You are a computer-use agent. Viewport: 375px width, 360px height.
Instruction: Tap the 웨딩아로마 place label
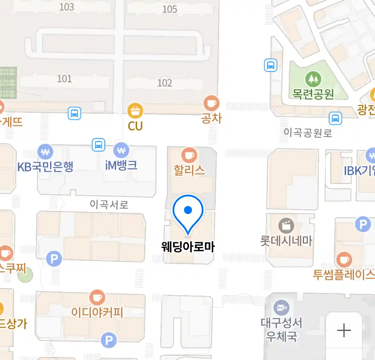tap(188, 247)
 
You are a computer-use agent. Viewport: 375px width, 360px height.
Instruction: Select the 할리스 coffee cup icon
tap(189, 155)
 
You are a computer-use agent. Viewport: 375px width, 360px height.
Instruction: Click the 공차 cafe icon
tap(211, 103)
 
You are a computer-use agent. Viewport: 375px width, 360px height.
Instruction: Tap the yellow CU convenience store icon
tap(135, 111)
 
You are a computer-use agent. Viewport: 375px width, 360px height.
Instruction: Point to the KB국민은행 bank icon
tap(45, 152)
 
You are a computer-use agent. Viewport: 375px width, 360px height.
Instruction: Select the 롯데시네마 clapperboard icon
tap(286, 226)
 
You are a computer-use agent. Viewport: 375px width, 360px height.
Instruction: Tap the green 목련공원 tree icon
tap(313, 79)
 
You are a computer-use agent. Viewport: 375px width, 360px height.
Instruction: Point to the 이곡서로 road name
tap(109, 204)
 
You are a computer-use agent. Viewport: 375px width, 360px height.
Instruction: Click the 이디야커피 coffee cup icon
tap(97, 297)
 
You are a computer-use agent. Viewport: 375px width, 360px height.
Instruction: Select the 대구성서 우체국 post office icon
tap(281, 308)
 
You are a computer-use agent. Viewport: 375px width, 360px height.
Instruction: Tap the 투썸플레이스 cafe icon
tap(344, 260)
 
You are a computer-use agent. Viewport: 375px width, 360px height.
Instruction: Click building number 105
tap(169, 9)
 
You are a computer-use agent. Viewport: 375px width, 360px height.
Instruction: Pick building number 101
tap(64, 79)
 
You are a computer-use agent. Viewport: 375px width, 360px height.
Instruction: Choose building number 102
tap(165, 83)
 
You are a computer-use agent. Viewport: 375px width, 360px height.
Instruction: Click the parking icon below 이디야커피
tap(109, 340)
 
